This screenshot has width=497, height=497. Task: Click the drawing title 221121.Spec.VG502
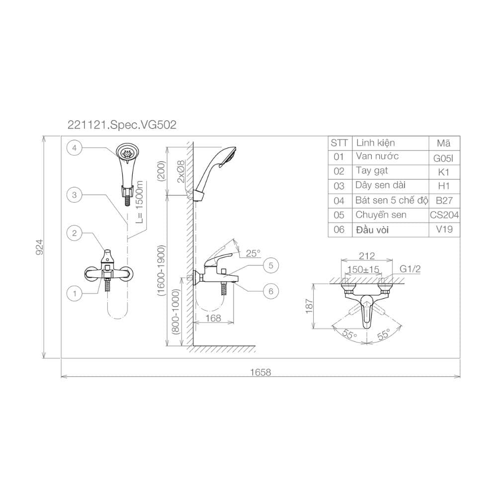tap(122, 125)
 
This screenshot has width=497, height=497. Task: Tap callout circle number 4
tap(75, 148)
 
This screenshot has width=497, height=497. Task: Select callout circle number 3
tap(75, 195)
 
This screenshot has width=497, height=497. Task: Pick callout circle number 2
tap(75, 233)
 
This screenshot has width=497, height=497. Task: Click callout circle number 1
tap(75, 294)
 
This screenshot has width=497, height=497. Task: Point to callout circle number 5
tap(271, 265)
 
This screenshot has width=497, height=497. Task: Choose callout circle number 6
tap(271, 291)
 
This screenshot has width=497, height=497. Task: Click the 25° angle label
tap(253, 253)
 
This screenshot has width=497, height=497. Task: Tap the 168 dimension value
tap(213, 318)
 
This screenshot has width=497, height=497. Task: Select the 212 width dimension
tap(367, 256)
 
